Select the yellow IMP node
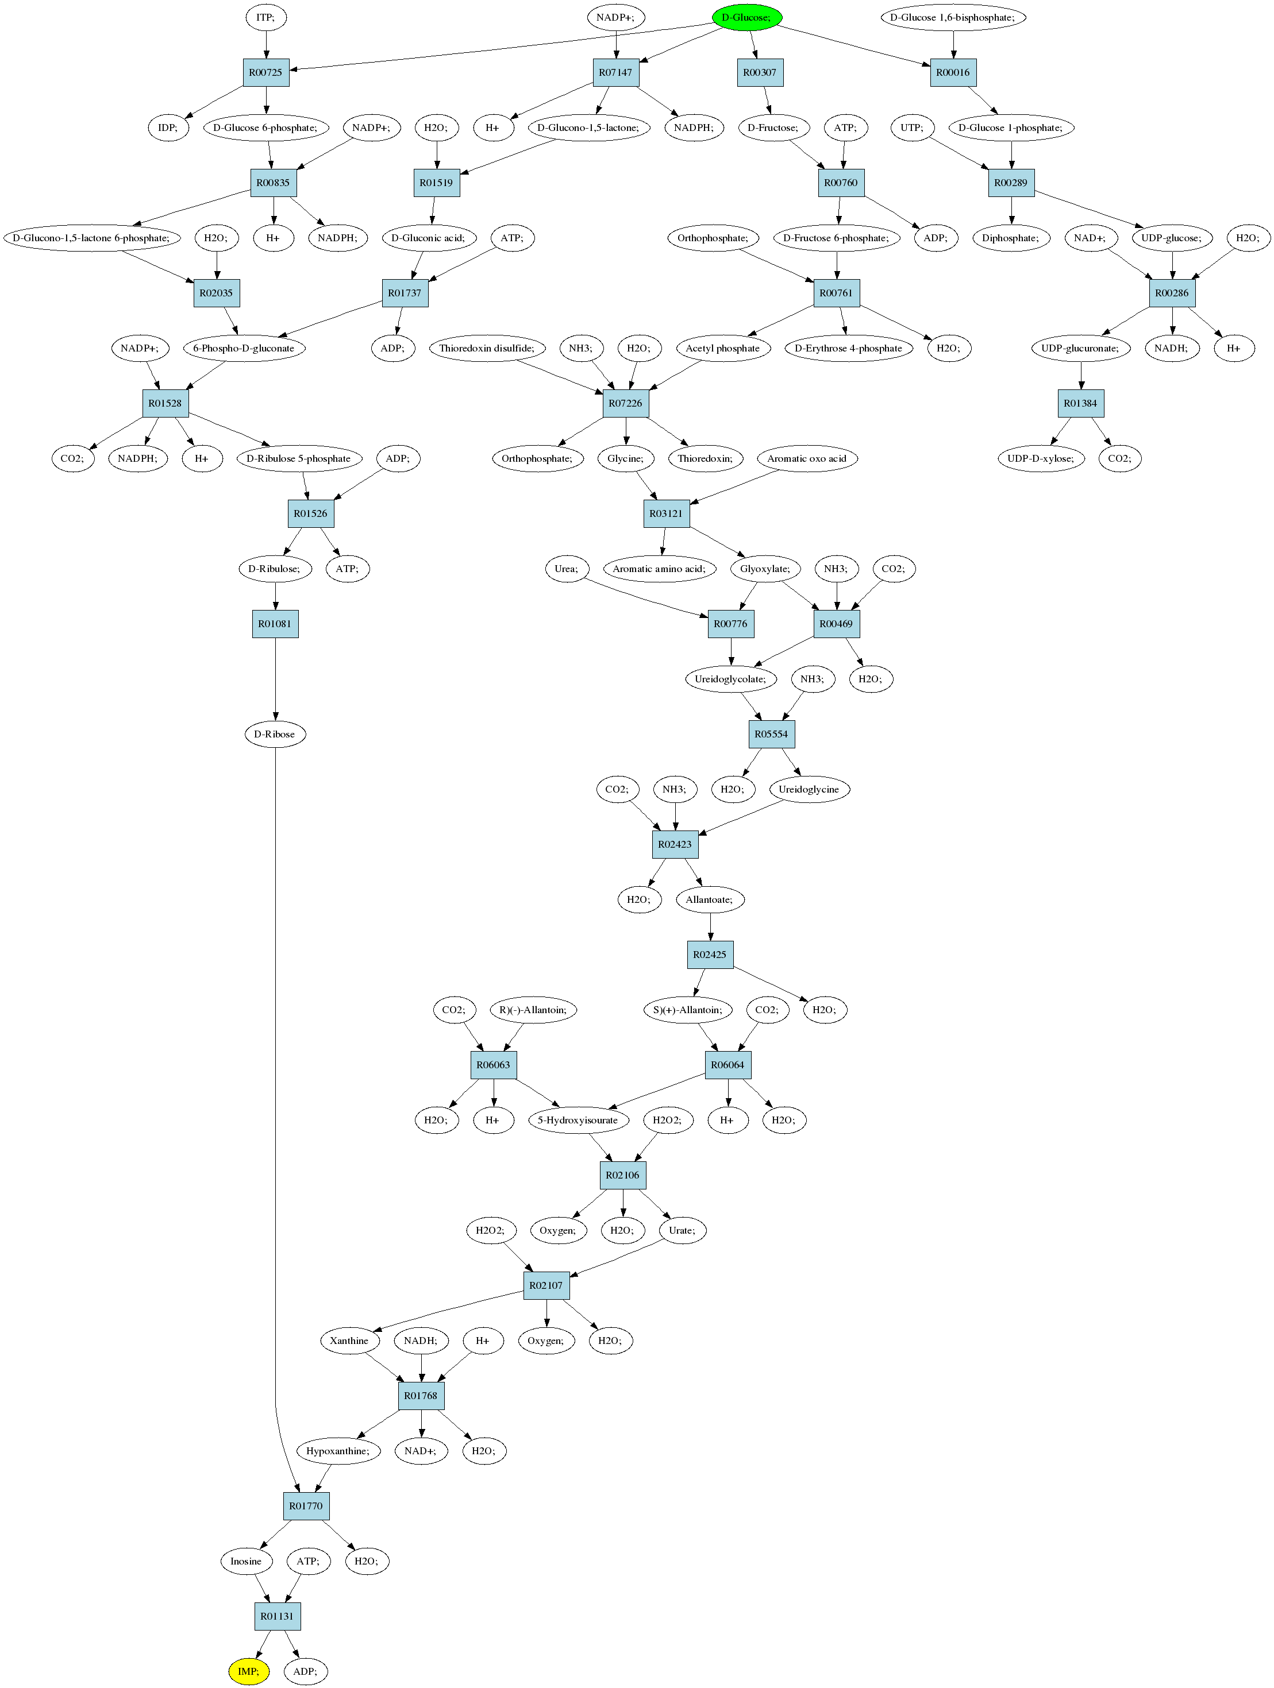coord(249,1671)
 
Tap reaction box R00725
coord(265,72)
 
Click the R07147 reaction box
coord(615,72)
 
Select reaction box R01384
coord(1080,404)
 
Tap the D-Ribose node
coord(275,734)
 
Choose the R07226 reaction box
coord(626,404)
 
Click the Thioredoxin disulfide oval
coord(487,349)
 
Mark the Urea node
coord(567,569)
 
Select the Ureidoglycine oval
coord(809,789)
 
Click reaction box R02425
coord(710,955)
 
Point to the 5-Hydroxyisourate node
coord(578,1120)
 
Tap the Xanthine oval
coord(349,1341)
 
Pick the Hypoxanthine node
coord(338,1451)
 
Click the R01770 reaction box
coord(306,1505)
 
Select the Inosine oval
coord(246,1561)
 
